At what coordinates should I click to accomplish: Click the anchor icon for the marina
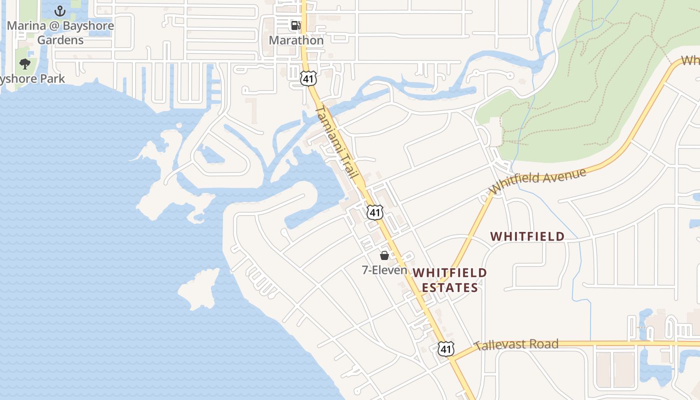click(x=60, y=10)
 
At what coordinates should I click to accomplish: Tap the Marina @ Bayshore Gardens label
click(x=60, y=32)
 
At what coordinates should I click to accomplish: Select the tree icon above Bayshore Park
click(x=24, y=63)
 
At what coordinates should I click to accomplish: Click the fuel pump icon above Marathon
click(x=296, y=25)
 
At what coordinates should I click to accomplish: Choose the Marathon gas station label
click(x=296, y=40)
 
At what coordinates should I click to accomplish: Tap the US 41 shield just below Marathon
click(x=308, y=77)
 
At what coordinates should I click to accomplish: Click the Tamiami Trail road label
click(x=337, y=142)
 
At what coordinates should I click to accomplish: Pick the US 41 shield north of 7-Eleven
click(x=374, y=212)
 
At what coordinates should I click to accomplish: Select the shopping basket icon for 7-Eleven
click(x=384, y=255)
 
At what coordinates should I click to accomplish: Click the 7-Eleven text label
click(x=384, y=270)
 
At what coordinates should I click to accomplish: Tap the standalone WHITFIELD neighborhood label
click(x=527, y=236)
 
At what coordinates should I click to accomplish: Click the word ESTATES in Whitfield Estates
click(x=450, y=287)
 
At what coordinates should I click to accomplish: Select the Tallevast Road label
click(x=516, y=344)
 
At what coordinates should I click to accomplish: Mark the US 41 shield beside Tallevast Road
click(x=446, y=348)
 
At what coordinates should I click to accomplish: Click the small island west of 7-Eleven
click(x=197, y=289)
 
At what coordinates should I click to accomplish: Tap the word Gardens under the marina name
click(x=60, y=40)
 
